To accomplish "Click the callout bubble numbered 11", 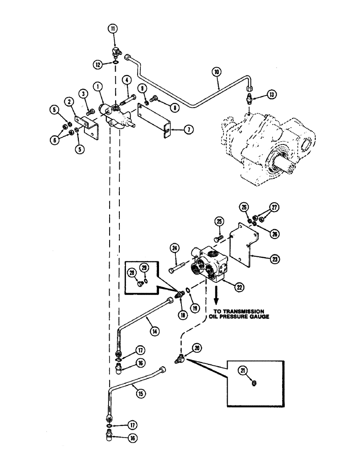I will pyautogui.click(x=113, y=28).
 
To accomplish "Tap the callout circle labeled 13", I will pyautogui.click(x=271, y=95).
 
